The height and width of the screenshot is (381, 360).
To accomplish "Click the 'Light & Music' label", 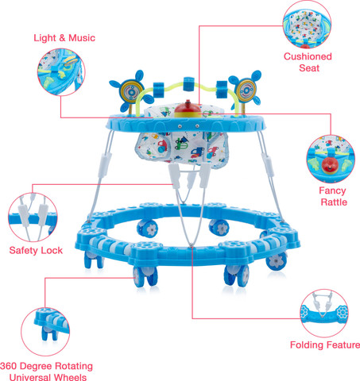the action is click(64, 38).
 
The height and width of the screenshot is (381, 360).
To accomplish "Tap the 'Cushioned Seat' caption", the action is click(308, 62).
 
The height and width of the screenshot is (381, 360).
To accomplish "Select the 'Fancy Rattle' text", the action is click(333, 196).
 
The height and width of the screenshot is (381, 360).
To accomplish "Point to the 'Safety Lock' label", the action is click(36, 250).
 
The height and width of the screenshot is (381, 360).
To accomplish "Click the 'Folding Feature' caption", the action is click(325, 345).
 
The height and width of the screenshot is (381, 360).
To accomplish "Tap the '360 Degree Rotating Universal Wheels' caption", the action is click(47, 372).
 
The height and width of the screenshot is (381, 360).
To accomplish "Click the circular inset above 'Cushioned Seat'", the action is click(307, 25).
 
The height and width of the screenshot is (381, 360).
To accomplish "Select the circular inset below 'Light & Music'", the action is click(61, 71).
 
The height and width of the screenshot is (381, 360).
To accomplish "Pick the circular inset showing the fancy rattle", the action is click(331, 159).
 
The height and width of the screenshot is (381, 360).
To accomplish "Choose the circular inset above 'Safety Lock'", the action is click(33, 217).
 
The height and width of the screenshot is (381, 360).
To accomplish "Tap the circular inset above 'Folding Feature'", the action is click(324, 314).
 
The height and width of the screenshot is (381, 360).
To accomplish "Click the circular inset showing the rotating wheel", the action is click(45, 332).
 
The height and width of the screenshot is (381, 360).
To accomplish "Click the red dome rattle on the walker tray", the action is click(188, 110).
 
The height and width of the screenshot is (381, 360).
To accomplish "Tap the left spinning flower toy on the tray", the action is click(132, 91).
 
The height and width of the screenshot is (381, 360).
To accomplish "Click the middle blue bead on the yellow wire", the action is click(189, 83).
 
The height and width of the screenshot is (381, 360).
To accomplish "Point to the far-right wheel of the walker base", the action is click(277, 261).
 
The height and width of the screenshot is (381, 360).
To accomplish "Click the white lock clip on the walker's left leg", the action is click(105, 165).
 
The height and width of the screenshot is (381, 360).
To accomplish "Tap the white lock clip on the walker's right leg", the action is click(268, 164).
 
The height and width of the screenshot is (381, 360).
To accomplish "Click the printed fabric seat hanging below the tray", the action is click(182, 149).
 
